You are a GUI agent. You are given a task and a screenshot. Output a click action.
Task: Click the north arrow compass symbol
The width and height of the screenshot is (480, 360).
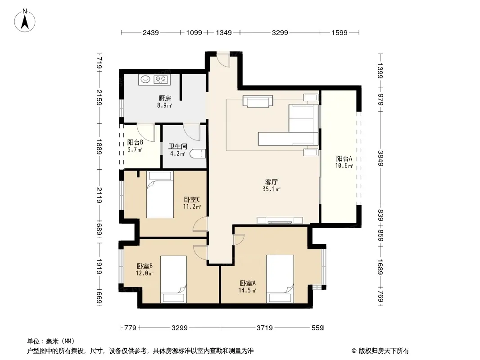(25, 21)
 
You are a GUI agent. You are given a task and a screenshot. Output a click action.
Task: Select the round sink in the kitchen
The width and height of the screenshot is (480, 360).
(145, 79)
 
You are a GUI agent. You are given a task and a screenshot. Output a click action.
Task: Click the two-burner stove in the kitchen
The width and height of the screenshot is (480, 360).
(161, 80)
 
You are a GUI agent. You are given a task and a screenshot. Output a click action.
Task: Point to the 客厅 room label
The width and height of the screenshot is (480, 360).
(272, 182)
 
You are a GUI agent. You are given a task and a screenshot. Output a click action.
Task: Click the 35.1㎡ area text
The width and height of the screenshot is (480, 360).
(272, 189)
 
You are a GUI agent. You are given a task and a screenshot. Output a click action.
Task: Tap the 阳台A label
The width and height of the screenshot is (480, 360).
(344, 158)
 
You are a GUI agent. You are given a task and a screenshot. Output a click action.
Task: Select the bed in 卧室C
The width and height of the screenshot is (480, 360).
(160, 194)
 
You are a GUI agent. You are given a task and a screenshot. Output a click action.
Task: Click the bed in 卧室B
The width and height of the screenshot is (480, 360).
(173, 279)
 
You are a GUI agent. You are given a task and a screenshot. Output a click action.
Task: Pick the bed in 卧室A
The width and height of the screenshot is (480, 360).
(280, 279)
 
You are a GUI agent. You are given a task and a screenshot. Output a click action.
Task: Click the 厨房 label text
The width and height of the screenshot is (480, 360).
(165, 99)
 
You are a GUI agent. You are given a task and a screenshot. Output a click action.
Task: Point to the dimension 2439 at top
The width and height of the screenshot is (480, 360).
(150, 32)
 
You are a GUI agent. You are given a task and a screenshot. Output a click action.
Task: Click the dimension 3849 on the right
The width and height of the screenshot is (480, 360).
(380, 158)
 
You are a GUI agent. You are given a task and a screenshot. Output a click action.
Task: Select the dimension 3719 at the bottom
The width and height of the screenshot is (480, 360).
(264, 328)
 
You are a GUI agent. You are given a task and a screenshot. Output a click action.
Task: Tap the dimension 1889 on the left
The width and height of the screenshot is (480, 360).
(99, 147)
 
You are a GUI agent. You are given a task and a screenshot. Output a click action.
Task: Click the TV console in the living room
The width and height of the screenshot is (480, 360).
(280, 220)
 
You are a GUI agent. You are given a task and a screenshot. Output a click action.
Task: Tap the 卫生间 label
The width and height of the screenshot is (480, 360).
(177, 147)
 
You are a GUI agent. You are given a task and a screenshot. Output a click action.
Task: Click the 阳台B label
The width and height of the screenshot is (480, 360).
(135, 143)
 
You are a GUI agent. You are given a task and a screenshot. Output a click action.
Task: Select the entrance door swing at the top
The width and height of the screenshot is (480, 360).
(223, 60)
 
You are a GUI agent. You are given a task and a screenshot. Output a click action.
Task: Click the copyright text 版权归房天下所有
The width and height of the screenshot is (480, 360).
(384, 351)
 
